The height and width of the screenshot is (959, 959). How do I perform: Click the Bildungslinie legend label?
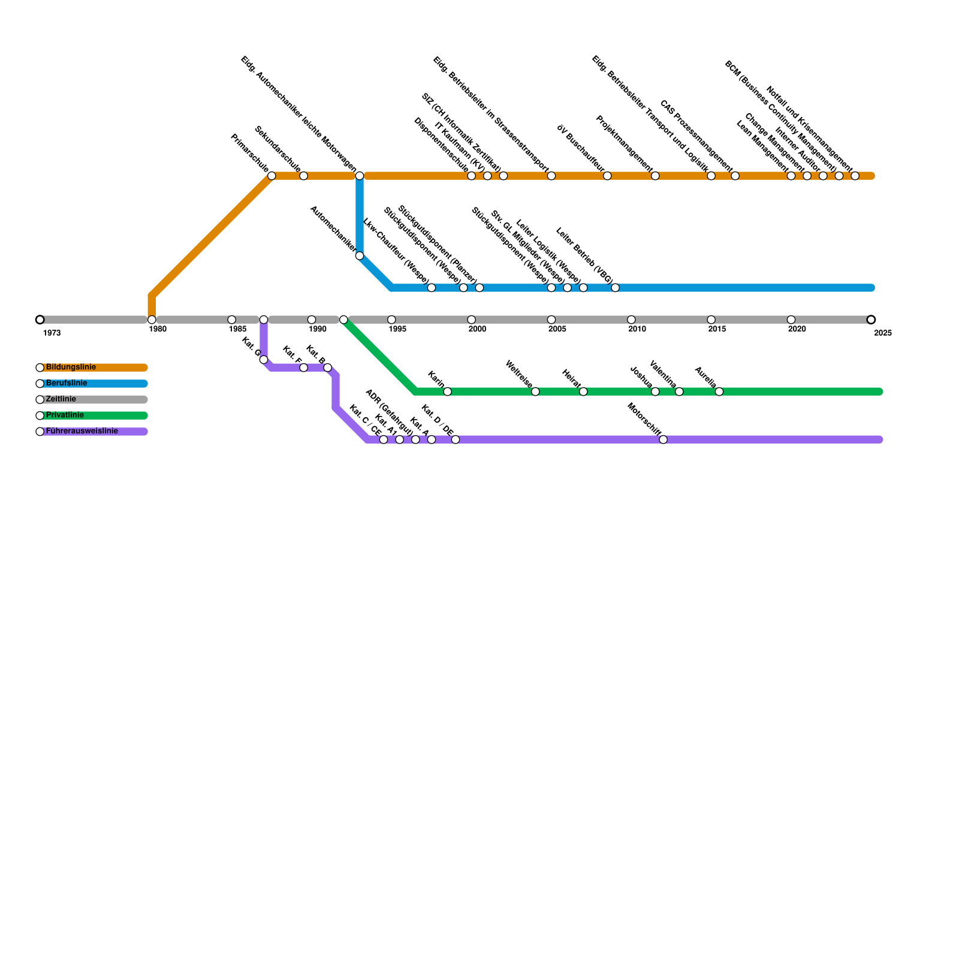tap(71, 367)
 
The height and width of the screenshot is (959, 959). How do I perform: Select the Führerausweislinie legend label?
tap(82, 431)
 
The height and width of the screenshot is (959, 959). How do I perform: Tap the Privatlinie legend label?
tap(65, 415)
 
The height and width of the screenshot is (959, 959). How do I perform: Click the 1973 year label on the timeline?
tap(52, 333)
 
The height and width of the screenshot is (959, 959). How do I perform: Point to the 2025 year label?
tap(883, 333)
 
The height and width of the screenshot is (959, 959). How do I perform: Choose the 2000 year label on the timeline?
tap(477, 329)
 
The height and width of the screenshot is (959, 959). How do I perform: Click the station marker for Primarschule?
tap(272, 176)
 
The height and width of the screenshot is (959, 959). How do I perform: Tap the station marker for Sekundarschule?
tap(303, 176)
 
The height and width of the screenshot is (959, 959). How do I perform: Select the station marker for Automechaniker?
tap(359, 256)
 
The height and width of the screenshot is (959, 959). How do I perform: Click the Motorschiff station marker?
tap(663, 440)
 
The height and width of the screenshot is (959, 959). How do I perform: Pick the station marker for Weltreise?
tap(535, 392)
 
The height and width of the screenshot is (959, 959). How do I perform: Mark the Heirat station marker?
tap(583, 392)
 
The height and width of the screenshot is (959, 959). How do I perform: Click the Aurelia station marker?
tap(719, 392)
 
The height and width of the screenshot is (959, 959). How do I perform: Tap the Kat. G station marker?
tap(264, 360)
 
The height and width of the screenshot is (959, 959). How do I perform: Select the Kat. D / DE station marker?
tap(456, 440)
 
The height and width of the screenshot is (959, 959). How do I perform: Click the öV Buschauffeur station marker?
tap(607, 176)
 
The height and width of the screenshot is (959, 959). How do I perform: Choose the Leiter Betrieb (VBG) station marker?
tap(615, 288)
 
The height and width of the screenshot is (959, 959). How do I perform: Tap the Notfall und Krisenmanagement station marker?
tap(855, 176)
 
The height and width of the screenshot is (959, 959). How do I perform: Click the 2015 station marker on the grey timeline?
tap(711, 319)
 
